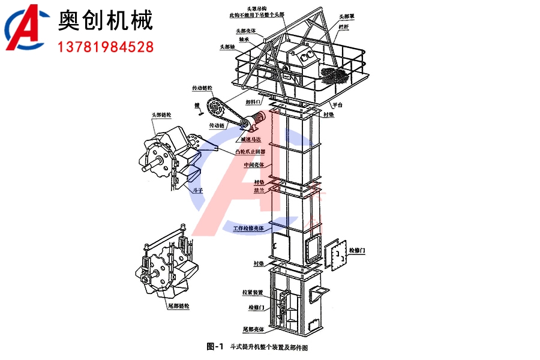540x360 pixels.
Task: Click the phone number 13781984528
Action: click(x=106, y=46)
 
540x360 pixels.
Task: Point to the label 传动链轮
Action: click(x=203, y=88)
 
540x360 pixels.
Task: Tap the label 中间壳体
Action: click(x=253, y=164)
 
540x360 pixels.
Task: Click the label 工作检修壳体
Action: click(x=248, y=229)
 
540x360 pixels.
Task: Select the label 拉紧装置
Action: click(x=254, y=292)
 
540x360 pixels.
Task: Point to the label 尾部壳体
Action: click(x=254, y=329)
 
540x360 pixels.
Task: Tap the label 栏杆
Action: click(x=343, y=28)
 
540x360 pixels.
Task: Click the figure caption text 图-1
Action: click(x=214, y=346)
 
